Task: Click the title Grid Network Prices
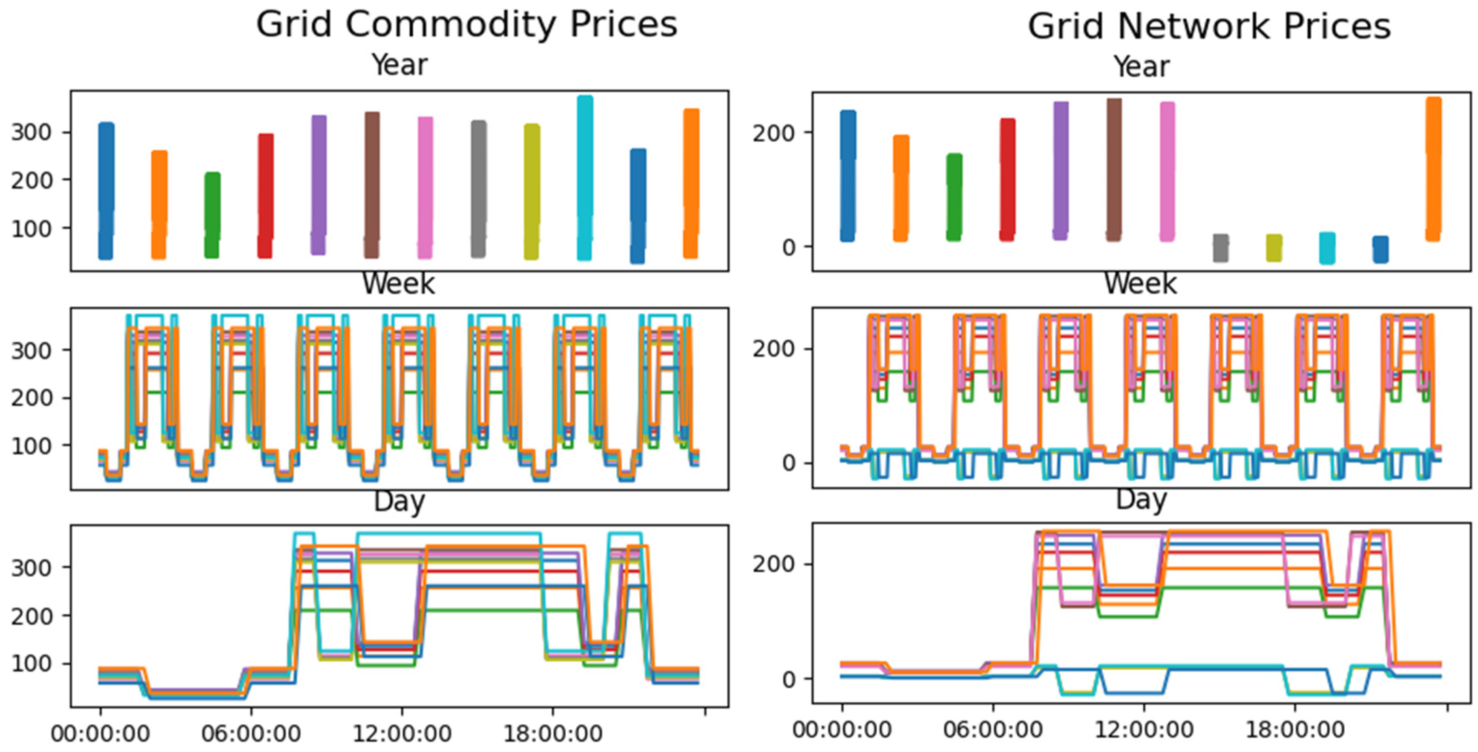click(1209, 26)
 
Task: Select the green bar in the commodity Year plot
click(212, 215)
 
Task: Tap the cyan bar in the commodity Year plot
click(585, 178)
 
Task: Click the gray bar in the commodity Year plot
click(478, 189)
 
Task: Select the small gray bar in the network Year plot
click(1220, 248)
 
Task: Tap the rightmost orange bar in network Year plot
click(1433, 169)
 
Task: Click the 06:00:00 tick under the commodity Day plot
click(251, 734)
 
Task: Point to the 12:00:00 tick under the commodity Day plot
click(402, 734)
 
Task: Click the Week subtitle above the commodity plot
click(399, 283)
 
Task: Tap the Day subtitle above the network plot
click(1141, 500)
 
